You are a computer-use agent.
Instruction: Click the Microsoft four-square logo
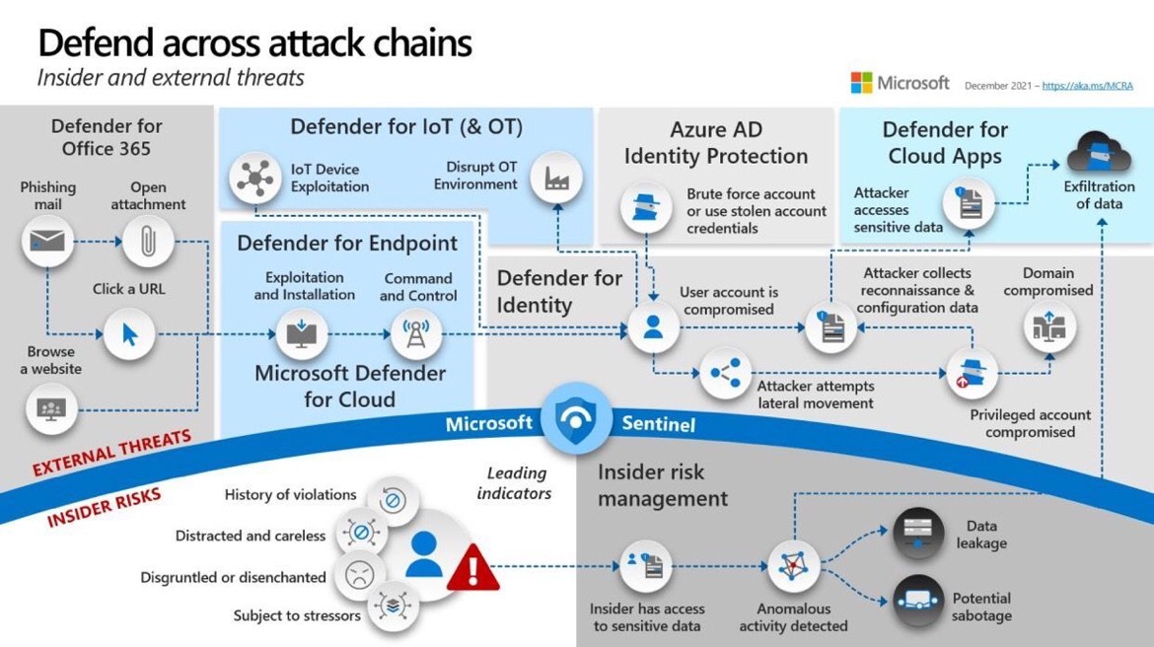861,83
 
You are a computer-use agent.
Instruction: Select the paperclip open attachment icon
148,241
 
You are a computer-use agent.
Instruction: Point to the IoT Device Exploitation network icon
254,179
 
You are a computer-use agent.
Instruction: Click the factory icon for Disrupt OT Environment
556,179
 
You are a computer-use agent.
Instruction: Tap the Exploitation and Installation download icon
300,335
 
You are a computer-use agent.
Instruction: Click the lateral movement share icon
725,373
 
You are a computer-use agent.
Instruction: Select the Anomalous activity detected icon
793,567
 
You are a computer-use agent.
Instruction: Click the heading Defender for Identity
558,291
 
